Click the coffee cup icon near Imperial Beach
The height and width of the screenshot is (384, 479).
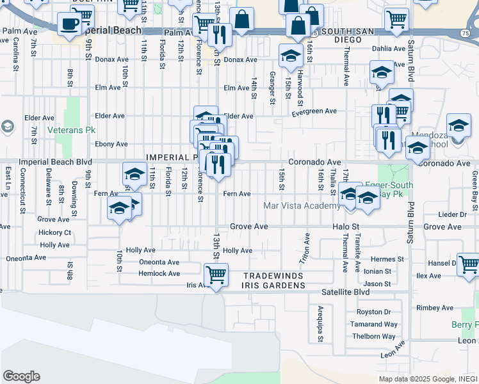tap(70, 24)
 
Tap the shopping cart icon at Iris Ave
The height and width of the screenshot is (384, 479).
tap(216, 275)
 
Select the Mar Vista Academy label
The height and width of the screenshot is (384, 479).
tap(302, 205)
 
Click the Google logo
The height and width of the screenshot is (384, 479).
tap(21, 376)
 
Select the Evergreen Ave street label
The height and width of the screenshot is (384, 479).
tap(314, 111)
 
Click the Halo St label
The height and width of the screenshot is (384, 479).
tap(346, 227)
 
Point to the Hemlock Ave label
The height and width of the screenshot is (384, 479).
tap(159, 273)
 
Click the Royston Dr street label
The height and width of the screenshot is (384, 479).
tap(373, 312)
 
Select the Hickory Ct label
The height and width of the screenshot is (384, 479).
tap(55, 232)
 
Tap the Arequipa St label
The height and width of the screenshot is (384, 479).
tap(320, 324)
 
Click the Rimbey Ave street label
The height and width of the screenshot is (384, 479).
tap(435, 308)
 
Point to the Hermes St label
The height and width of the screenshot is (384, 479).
tap(387, 259)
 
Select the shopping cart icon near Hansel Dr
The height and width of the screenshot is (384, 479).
tap(468, 264)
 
